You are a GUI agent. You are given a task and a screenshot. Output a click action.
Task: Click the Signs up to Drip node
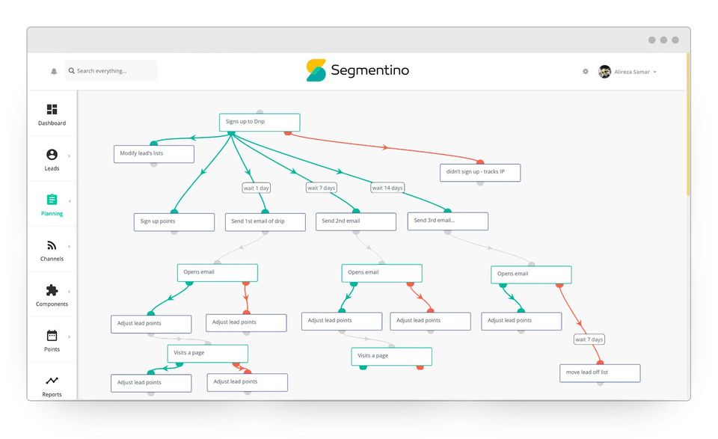[260, 122]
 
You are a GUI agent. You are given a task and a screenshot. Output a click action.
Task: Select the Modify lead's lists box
[154, 154]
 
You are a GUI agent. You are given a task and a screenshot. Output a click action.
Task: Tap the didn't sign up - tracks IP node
[480, 173]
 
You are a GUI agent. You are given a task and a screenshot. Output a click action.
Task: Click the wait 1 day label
[256, 188]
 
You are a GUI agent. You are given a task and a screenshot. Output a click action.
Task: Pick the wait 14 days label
[387, 188]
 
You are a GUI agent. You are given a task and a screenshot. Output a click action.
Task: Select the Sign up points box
[174, 222]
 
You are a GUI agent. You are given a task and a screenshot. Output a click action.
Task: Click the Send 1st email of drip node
[265, 222]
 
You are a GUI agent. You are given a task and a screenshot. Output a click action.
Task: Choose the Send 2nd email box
[356, 221]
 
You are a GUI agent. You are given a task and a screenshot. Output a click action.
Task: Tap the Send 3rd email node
[448, 221]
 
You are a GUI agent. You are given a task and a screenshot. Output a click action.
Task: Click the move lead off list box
[600, 373]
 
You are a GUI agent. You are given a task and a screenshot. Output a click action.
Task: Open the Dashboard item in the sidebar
[52, 114]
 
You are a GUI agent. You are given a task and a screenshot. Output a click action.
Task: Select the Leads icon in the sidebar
[52, 155]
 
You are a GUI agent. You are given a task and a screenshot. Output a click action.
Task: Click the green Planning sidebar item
[52, 205]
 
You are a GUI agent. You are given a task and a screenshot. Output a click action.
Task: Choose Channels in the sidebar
[52, 251]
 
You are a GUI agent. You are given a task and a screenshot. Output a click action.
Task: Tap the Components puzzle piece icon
[52, 290]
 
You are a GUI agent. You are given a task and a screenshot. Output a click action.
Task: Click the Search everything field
[111, 70]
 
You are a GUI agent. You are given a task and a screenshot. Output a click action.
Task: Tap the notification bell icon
[54, 71]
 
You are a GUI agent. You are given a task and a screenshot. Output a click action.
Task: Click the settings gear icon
[585, 71]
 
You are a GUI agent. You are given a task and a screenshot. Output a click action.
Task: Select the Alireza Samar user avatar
[604, 72]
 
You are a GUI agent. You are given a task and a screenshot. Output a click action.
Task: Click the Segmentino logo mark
[316, 70]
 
